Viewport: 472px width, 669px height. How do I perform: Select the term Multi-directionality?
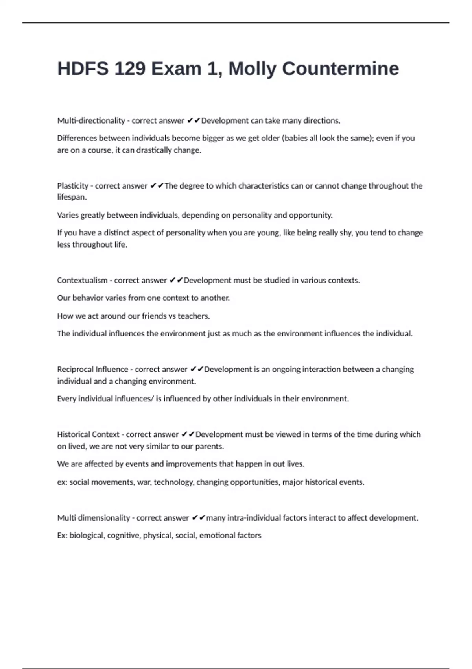[91, 121]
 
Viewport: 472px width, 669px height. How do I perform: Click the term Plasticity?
[73, 186]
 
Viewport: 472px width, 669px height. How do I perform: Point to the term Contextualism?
[82, 281]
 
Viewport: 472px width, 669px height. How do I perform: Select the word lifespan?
[71, 197]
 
